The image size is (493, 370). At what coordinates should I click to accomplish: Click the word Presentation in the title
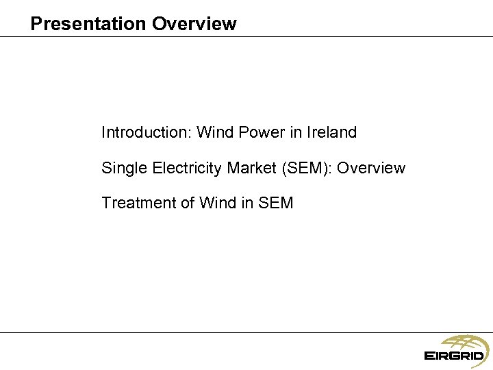(x=88, y=24)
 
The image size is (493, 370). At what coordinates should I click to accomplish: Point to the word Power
(x=260, y=132)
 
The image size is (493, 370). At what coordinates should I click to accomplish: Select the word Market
(x=250, y=168)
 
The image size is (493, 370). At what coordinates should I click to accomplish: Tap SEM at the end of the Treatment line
(x=276, y=203)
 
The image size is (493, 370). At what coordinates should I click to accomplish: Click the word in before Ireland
(x=295, y=132)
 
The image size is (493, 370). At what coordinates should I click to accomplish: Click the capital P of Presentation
(x=36, y=24)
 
